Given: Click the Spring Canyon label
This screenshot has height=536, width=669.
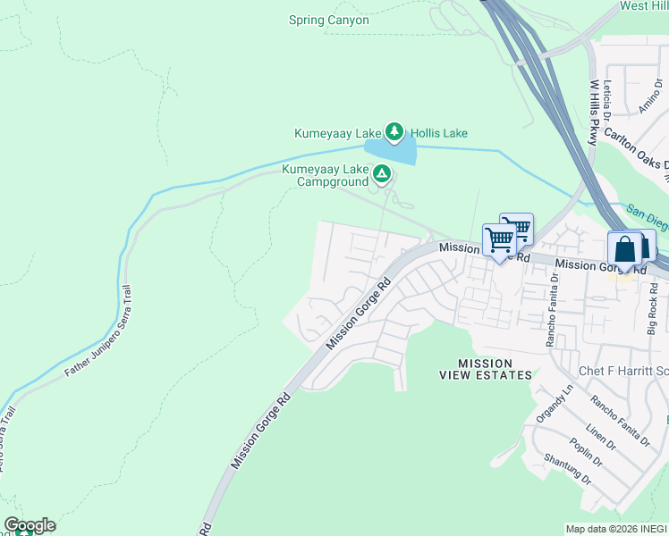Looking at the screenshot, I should coord(329,20).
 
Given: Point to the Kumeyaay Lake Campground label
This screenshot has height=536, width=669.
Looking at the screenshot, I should coord(326,175).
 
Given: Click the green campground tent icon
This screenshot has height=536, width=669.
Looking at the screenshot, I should coord(382,174).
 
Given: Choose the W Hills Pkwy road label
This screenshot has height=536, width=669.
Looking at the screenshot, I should coord(593,112).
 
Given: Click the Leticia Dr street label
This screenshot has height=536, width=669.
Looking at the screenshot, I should coord(607,100).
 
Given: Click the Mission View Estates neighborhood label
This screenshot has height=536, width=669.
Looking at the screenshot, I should coord(485,369).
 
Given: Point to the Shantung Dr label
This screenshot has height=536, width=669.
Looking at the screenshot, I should coord(568,470).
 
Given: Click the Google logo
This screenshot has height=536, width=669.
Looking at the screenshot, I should coord(30,524).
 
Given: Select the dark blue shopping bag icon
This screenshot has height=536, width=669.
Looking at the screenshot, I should coord(624,248).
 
